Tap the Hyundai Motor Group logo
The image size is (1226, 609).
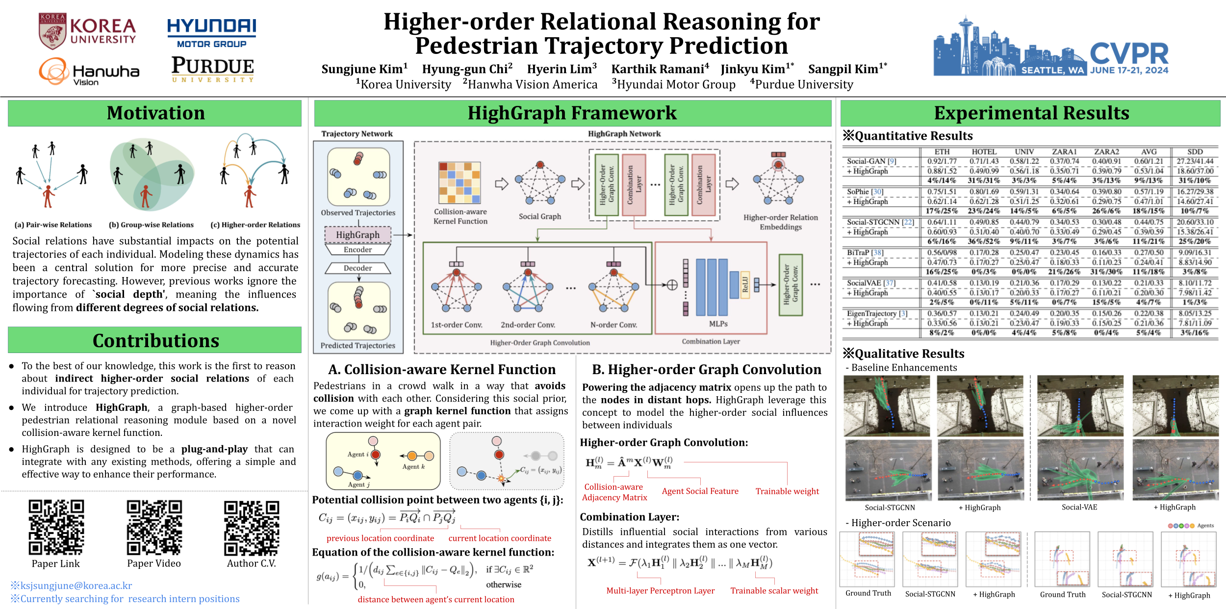211,33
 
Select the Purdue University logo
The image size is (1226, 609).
212,69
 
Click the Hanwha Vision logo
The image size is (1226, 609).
89,72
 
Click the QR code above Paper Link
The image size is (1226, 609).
56,527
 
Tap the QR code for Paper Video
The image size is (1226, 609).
154,527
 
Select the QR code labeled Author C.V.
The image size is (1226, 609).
252,527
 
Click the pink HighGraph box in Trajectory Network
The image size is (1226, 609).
358,235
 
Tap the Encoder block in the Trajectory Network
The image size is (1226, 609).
358,250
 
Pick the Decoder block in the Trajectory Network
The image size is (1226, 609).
358,268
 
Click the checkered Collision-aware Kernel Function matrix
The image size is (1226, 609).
460,182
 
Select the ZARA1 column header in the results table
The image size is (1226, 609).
1064,152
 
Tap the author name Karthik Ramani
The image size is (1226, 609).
660,69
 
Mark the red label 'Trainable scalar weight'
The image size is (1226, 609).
774,591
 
